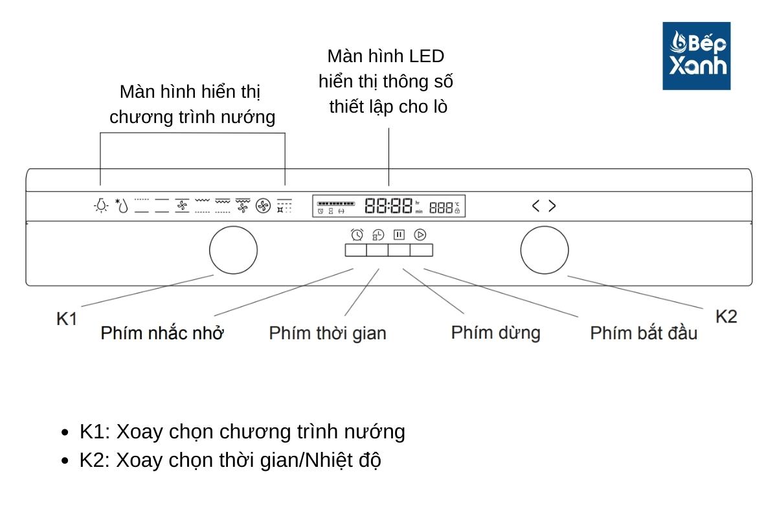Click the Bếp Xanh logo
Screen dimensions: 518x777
coord(696,56)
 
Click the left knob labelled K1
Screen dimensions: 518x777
coord(233,250)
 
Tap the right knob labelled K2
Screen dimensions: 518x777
coord(545,250)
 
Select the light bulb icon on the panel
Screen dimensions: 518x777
coord(100,206)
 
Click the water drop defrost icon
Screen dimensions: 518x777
coord(122,206)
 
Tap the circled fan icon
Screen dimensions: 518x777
coord(262,206)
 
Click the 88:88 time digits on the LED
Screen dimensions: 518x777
coord(388,207)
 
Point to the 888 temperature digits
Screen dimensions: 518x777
coord(440,208)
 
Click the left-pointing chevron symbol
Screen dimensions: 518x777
coord(535,206)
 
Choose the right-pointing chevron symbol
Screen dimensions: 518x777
coord(552,206)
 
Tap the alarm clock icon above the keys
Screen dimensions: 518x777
coord(356,235)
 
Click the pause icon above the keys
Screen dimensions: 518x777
coord(399,235)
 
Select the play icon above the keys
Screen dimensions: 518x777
coord(420,235)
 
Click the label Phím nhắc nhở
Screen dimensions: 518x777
coord(162,333)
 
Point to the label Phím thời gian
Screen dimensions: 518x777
coord(328,333)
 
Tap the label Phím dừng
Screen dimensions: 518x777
coord(495,333)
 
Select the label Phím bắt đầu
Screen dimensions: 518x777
coord(644,333)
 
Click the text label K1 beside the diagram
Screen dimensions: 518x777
coord(67,319)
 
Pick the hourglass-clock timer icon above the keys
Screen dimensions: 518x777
coord(377,235)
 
